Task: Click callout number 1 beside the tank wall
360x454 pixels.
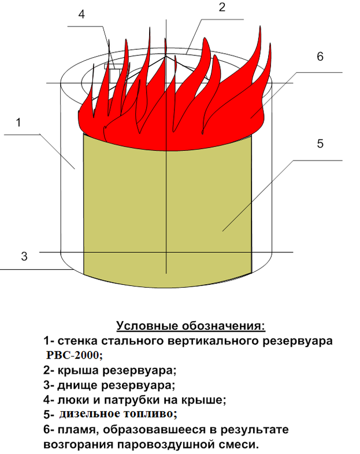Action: tap(18, 122)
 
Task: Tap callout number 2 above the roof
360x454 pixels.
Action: tap(221, 8)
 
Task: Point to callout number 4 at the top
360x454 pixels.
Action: tap(81, 15)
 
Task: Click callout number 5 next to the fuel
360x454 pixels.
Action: tap(320, 144)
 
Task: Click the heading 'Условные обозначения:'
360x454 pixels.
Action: tap(190, 326)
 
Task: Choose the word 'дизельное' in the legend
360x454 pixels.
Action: tap(87, 414)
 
